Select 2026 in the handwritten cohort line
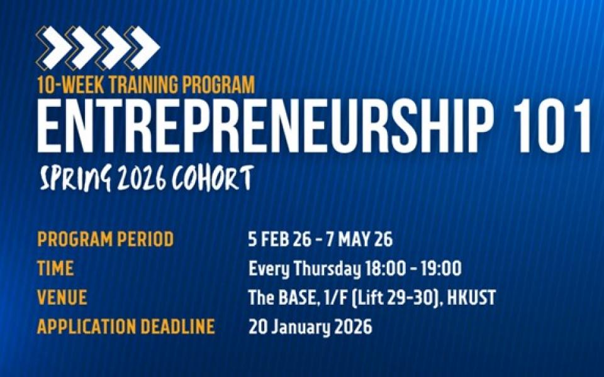[142, 178]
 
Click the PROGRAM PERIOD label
[105, 239]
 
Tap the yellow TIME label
[55, 268]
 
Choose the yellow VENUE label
[62, 297]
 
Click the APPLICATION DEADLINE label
[126, 327]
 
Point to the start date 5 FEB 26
[279, 239]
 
